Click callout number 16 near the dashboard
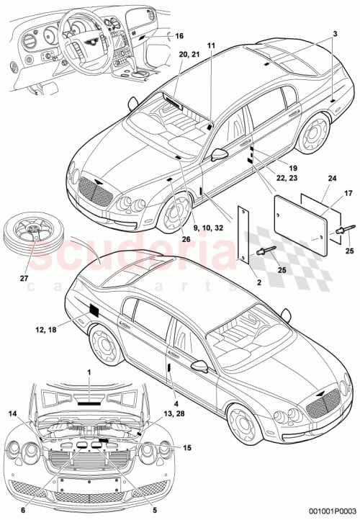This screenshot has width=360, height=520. click(179, 35)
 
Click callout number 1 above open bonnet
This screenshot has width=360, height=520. click(89, 371)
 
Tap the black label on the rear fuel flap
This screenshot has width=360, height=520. click(94, 312)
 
